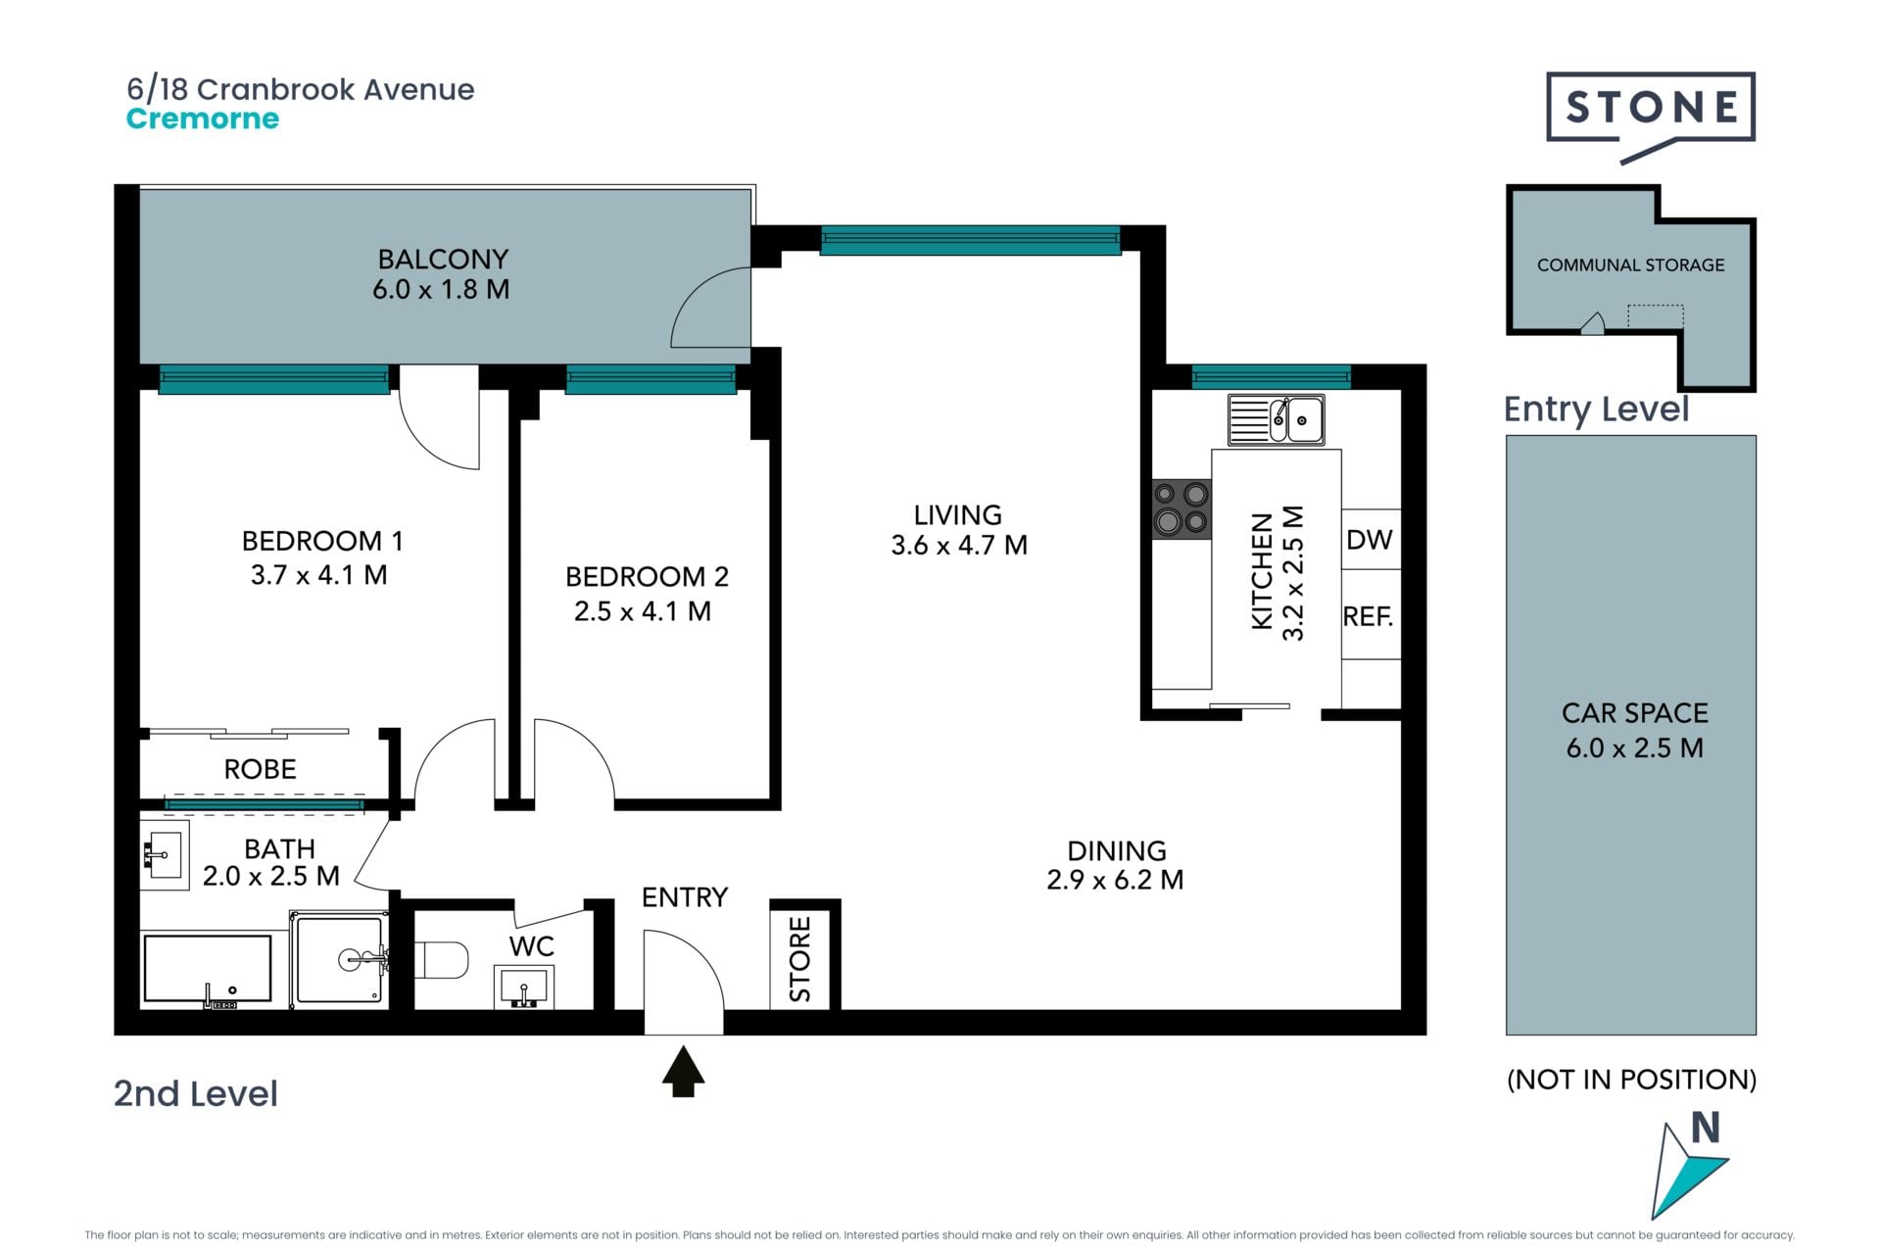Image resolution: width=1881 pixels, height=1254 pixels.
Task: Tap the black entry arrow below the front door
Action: tap(683, 1071)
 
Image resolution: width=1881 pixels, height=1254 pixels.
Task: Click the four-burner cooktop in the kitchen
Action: tap(1182, 508)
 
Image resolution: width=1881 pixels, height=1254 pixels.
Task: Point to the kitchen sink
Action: tap(1277, 419)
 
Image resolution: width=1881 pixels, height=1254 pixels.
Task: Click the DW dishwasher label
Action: tap(1369, 539)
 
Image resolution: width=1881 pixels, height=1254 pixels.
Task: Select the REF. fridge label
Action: tap(1368, 616)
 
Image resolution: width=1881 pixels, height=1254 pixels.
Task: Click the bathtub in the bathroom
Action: tap(208, 969)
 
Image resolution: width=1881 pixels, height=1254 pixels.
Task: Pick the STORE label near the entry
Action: tap(800, 959)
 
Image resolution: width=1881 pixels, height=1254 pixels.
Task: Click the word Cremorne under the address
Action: tap(203, 119)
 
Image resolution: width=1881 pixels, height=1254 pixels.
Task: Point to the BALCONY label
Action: tap(443, 259)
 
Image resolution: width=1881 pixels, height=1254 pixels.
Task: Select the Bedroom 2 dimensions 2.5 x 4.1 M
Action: tap(643, 611)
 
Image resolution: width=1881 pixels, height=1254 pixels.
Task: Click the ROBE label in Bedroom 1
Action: tap(261, 769)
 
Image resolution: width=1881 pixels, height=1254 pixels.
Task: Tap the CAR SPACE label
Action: tap(1634, 712)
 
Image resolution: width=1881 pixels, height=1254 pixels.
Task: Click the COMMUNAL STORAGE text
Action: tap(1630, 265)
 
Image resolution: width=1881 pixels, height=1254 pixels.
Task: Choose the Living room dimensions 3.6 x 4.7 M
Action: tap(959, 545)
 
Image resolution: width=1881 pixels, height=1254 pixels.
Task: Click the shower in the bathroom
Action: tap(340, 959)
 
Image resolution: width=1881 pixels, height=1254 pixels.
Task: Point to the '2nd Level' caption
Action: tap(196, 1093)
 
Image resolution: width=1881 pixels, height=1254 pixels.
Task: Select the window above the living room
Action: tap(970, 240)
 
